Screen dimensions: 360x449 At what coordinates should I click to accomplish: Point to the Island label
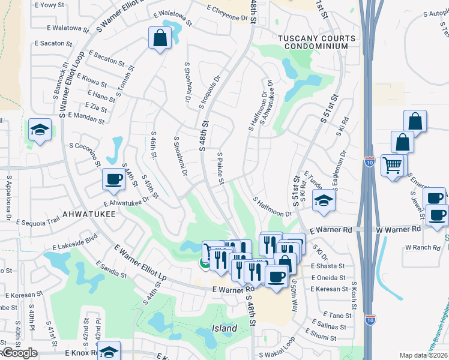[224, 328]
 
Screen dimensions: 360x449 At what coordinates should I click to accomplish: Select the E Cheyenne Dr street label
[227, 14]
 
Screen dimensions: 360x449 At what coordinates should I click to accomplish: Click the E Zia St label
[97, 106]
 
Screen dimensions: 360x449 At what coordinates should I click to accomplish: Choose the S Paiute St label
[220, 164]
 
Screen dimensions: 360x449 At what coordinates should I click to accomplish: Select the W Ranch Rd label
[422, 247]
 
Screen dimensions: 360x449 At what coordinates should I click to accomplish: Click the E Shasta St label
[328, 266]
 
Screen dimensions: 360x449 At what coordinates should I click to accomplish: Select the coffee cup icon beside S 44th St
[113, 179]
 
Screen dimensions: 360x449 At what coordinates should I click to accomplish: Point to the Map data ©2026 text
[424, 355]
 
